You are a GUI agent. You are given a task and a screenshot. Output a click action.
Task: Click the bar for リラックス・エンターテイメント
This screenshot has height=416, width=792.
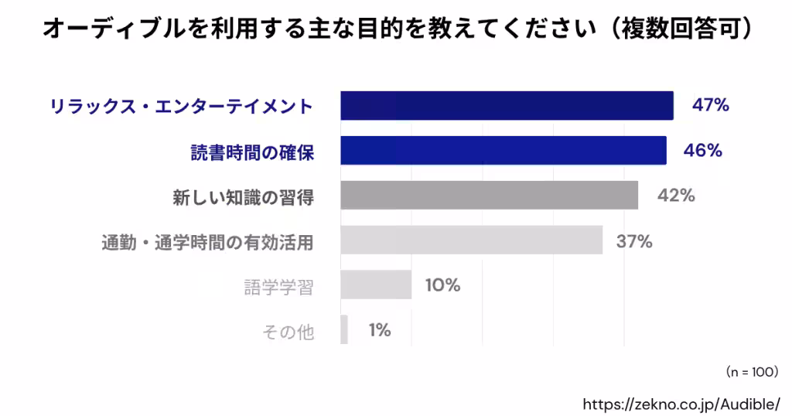point(507,106)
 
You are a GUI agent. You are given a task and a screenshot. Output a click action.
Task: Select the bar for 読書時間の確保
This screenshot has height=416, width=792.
point(504,151)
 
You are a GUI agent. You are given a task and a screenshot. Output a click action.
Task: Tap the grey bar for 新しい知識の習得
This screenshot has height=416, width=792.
point(489,196)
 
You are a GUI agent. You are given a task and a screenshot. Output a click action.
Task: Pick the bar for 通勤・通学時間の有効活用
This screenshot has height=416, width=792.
point(471,240)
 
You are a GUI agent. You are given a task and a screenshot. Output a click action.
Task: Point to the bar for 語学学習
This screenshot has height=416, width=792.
point(376,285)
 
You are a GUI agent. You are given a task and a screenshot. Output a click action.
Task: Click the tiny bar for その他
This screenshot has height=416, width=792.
point(344,330)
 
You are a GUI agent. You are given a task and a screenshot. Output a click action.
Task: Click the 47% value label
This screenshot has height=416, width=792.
point(710,106)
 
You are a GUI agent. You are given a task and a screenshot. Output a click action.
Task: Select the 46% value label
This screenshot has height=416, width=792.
point(703,151)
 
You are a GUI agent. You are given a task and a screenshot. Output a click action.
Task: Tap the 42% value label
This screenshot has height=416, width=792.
point(676,196)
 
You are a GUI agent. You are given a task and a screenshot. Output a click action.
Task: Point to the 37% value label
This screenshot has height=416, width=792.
point(634,241)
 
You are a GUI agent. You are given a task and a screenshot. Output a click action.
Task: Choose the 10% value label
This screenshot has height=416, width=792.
point(442,285)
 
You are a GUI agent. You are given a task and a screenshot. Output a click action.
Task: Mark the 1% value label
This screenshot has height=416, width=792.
point(379,330)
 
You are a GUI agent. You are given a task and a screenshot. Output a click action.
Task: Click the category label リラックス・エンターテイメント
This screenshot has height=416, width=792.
point(181,107)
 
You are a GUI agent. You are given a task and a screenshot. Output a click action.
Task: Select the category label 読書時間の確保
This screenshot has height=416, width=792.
point(252,152)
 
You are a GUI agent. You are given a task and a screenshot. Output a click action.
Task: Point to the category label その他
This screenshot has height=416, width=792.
point(288,332)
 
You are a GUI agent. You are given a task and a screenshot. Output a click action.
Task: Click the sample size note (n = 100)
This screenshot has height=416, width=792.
point(751,372)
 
